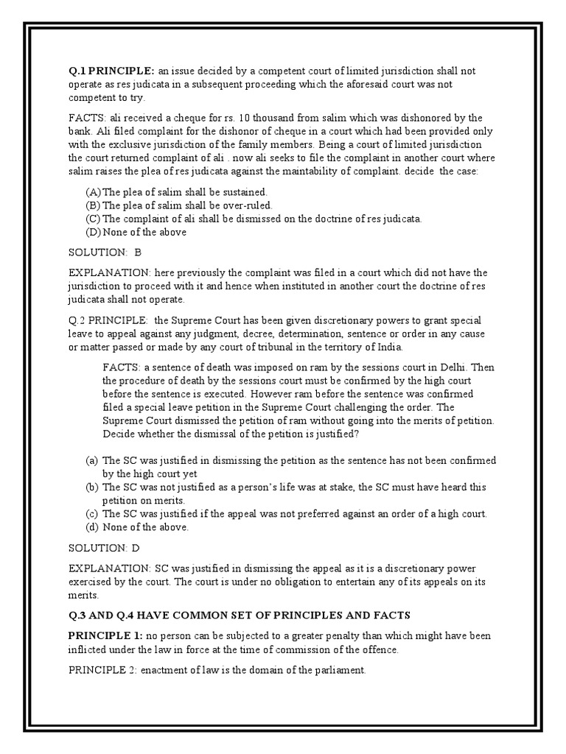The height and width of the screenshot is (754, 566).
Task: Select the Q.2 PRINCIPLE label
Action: (x=107, y=321)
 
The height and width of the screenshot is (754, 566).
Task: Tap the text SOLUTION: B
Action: (x=104, y=252)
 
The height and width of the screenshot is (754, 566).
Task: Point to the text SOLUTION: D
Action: (x=104, y=548)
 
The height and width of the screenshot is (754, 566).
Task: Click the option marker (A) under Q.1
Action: (x=94, y=191)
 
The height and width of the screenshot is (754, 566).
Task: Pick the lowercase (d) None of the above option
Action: (x=136, y=526)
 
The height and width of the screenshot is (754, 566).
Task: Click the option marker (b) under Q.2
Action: (x=92, y=487)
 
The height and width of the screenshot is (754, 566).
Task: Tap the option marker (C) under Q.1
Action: (x=94, y=219)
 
